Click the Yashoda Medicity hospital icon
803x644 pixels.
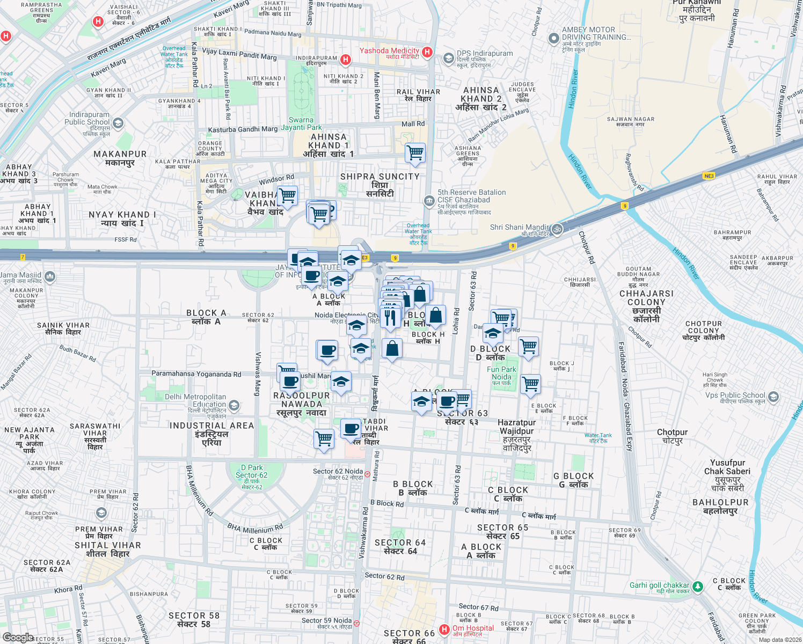coord(427,52)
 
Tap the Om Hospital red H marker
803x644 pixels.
coord(444,629)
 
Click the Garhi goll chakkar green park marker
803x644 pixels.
coord(697,587)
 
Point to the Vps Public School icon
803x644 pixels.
coord(773,397)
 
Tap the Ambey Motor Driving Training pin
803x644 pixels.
coord(553,39)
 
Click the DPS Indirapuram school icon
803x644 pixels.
coord(448,58)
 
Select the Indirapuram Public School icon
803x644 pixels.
coord(118,123)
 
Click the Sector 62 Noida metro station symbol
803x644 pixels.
coord(367,474)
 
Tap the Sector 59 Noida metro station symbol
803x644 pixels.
coord(357,623)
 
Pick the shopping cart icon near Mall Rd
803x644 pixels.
coord(415,153)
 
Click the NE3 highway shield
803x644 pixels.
coord(709,176)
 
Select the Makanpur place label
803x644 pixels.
coord(120,158)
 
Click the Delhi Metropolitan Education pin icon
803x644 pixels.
coord(233,405)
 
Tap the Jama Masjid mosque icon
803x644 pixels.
coord(50,276)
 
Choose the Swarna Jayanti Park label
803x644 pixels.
coord(301,123)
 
